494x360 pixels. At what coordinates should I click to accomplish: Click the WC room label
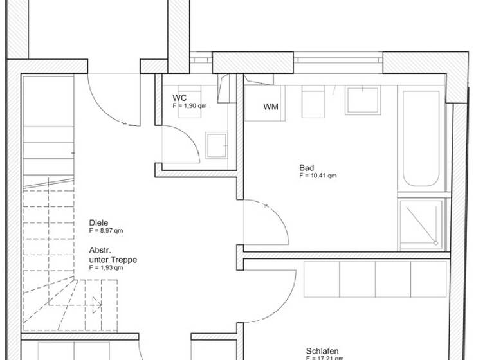point(179,98)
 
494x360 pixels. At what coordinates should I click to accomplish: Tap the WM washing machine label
point(271,107)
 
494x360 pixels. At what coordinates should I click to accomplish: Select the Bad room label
point(306,168)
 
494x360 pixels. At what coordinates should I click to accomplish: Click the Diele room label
point(98,223)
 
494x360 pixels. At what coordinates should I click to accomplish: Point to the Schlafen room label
point(322,351)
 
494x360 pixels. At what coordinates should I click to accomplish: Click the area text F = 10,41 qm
point(318,175)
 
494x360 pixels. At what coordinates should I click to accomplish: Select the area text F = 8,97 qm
point(106,230)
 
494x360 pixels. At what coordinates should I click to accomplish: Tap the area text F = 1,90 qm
point(190,105)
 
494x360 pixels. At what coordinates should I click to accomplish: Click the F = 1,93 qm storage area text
point(106,267)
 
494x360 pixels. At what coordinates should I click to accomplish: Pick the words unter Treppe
point(113,260)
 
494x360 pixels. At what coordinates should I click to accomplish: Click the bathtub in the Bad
point(421,138)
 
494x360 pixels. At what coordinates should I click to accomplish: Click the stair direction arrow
point(96,304)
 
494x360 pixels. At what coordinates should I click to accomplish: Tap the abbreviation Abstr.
point(101,251)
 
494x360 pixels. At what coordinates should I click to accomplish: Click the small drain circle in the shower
point(436,243)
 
